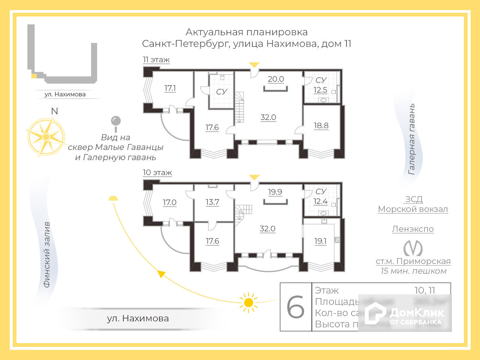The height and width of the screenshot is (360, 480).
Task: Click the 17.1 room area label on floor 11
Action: coord(170,88)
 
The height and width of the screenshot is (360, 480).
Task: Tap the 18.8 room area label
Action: coord(321,126)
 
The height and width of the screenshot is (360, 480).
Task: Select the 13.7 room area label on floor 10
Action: coord(212,202)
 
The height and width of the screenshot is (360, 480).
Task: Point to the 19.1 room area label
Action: coord(320,241)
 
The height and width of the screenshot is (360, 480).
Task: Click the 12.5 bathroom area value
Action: coord(320,90)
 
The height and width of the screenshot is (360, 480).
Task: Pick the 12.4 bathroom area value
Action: coord(320,201)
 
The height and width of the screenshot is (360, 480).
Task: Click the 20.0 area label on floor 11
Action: coord(276,79)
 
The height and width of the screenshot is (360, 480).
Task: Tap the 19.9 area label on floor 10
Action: coord(275,192)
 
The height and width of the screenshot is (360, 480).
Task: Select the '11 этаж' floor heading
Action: coord(156,60)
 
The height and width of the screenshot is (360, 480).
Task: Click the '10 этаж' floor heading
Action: coord(157,172)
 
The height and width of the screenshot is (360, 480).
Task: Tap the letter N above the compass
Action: coord(54,111)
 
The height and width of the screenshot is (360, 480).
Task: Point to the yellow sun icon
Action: coord(248,302)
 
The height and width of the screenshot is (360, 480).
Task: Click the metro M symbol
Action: coord(413,248)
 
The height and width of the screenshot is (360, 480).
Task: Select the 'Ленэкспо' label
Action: coord(413,229)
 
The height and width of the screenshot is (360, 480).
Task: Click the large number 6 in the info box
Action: coord(295,307)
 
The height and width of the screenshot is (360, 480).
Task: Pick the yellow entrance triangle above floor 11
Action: coord(254,65)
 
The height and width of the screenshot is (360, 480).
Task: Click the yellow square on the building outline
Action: coord(34,76)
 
